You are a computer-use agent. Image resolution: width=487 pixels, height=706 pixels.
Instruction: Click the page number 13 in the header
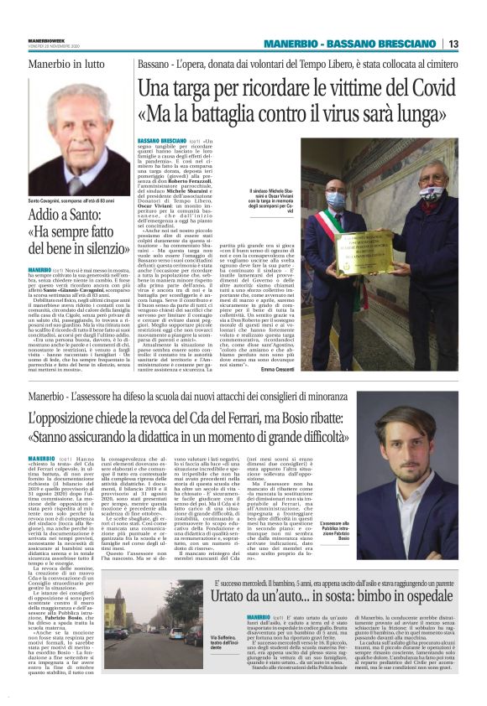coord(453,44)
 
